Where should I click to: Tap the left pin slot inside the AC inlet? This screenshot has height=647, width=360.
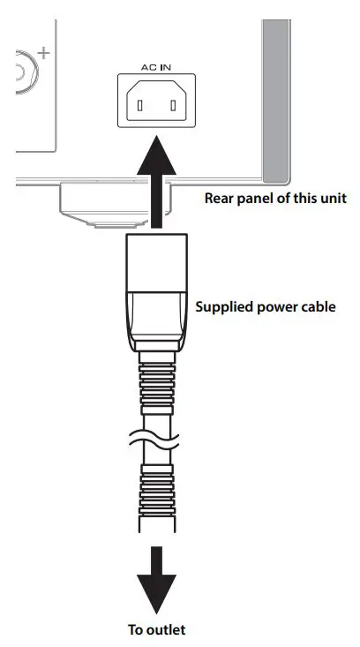pos(137,107)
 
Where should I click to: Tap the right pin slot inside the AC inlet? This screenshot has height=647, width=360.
pos(174,107)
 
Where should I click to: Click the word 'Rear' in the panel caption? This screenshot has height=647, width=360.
pos(220,198)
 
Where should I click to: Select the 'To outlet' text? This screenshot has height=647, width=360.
pos(155,629)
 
